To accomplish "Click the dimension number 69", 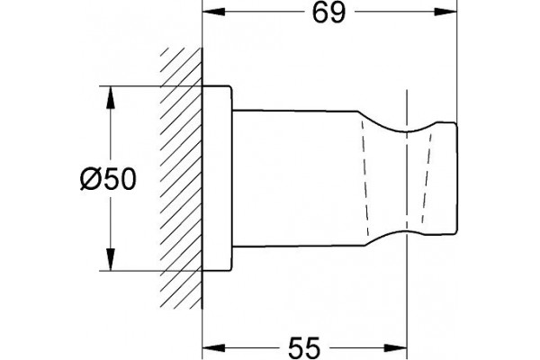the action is [x=328, y=13].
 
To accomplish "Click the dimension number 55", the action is [x=304, y=348].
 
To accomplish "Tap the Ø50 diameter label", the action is [x=109, y=179].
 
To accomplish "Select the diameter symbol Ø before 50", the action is [x=91, y=179].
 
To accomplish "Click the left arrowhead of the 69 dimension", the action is [x=214, y=12].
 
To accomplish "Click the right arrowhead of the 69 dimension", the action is [x=445, y=12].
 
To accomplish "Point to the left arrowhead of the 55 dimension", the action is [x=214, y=348].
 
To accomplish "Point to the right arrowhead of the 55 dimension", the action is [x=395, y=348].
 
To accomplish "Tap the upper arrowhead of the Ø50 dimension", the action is [x=110, y=97].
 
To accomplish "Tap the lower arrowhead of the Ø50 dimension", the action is [x=110, y=259].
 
